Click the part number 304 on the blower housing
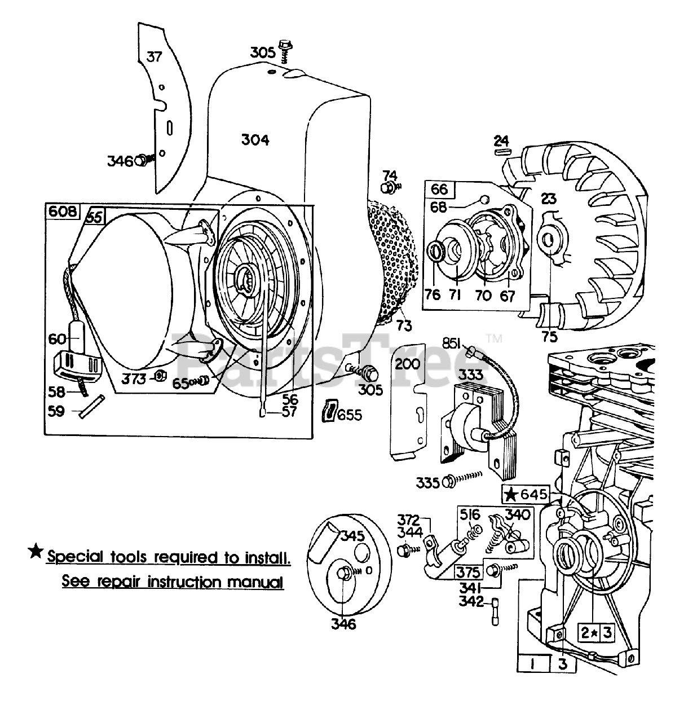coord(255,139)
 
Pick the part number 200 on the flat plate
coord(408,364)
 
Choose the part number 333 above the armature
coord(470,374)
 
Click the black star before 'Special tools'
coord(36,551)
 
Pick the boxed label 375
coord(467,571)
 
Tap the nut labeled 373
coord(160,376)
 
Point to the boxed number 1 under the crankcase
coord(532,664)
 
